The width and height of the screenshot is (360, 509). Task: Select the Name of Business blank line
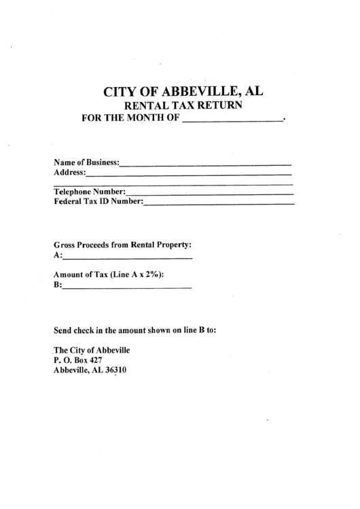coord(206,164)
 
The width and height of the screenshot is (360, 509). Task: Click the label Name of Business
coord(86,162)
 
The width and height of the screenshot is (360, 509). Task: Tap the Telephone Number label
coord(89,192)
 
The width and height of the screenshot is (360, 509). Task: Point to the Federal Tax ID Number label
coord(98,202)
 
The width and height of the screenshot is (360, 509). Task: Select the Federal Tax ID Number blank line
coord(219,204)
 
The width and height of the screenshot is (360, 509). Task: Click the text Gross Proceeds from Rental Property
coord(122,244)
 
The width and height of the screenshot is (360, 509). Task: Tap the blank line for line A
coord(128,258)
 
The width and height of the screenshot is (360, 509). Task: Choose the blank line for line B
coord(127,288)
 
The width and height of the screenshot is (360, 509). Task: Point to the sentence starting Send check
coord(134,331)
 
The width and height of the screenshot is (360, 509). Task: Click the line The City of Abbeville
coord(92,350)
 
